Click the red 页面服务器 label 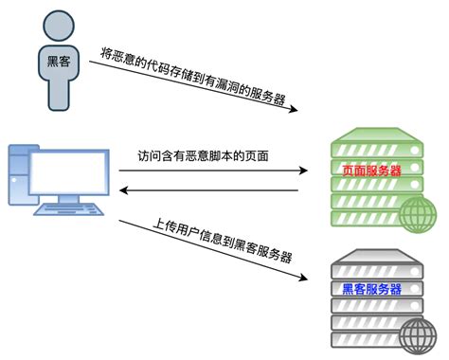pyautogui.click(x=371, y=171)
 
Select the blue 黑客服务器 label pyautogui.click(x=371, y=289)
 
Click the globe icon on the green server pyautogui.click(x=415, y=217)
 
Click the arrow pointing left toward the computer pyautogui.click(x=208, y=191)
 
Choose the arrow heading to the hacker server pyautogui.click(x=213, y=250)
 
